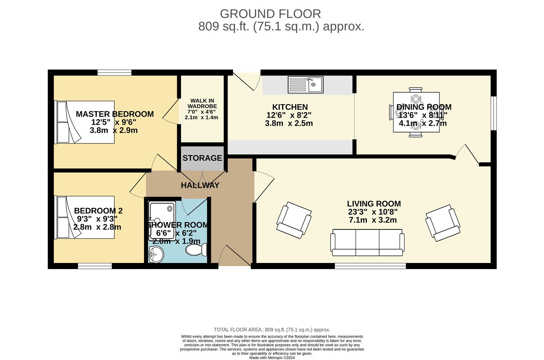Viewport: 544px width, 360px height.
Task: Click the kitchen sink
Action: [x=305, y=85]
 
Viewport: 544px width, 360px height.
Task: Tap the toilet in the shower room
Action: [x=197, y=250]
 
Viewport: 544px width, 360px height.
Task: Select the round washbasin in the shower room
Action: [x=156, y=255]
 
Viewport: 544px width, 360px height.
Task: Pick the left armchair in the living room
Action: [x=294, y=220]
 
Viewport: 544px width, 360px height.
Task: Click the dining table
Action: [x=416, y=112]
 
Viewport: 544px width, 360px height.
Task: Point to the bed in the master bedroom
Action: [x=85, y=122]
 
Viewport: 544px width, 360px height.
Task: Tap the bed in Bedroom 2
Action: [x=85, y=217]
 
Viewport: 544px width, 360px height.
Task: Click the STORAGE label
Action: [x=202, y=158]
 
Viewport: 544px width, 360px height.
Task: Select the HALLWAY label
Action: [x=200, y=185]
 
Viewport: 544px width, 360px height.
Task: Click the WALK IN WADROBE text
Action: [x=202, y=103]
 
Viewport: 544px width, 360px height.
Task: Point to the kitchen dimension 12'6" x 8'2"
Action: [x=289, y=115]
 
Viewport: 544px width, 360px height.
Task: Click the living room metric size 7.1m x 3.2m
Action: [x=373, y=220]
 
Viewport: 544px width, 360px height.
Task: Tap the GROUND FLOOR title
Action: [x=270, y=14]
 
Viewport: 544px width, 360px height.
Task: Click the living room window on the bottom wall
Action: [x=370, y=266]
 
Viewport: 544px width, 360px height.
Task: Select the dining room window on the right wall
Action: [x=494, y=113]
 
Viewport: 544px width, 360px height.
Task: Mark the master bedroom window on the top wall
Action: [x=114, y=72]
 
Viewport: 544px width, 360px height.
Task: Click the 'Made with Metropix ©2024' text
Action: [x=272, y=358]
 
